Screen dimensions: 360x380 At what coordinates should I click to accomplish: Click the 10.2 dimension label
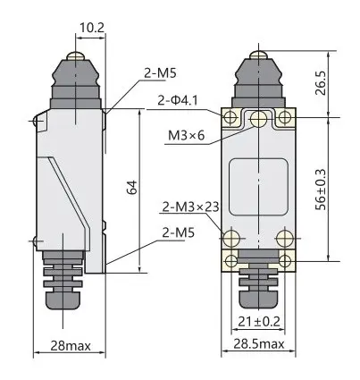pos(92,28)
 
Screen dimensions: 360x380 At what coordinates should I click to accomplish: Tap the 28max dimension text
pos(71,346)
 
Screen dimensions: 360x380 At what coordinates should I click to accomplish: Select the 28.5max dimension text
pos(258,344)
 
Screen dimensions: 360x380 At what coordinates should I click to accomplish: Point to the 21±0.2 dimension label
pos(259,322)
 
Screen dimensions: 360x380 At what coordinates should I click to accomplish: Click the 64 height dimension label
pos(132,187)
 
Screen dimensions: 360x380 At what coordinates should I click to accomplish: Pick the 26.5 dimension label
pos(321,83)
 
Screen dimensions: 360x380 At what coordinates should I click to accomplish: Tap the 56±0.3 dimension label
pos(321,190)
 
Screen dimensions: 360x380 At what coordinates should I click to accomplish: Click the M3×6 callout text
pos(187,136)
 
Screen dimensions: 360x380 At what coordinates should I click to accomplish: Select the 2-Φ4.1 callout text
pos(178,101)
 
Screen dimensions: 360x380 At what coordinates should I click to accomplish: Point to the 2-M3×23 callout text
pos(191,207)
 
